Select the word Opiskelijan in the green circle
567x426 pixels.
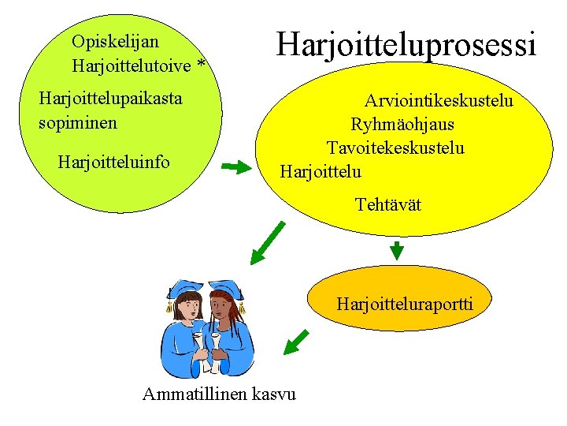pyautogui.click(x=115, y=41)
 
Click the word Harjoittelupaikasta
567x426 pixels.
pyautogui.click(x=110, y=99)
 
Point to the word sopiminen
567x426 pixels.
pyautogui.click(x=77, y=123)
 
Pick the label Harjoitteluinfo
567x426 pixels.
pyautogui.click(x=113, y=163)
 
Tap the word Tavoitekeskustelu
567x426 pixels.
pyautogui.click(x=395, y=148)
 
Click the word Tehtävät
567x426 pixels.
pyautogui.click(x=387, y=205)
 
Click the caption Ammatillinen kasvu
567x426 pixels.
pyautogui.click(x=219, y=394)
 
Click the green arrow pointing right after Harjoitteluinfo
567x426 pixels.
pyautogui.click(x=235, y=167)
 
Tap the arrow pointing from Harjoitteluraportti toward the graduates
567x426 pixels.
pyautogui.click(x=295, y=342)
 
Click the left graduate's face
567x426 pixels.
pyautogui.click(x=190, y=307)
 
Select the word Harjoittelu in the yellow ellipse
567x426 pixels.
pyautogui.click(x=321, y=171)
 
